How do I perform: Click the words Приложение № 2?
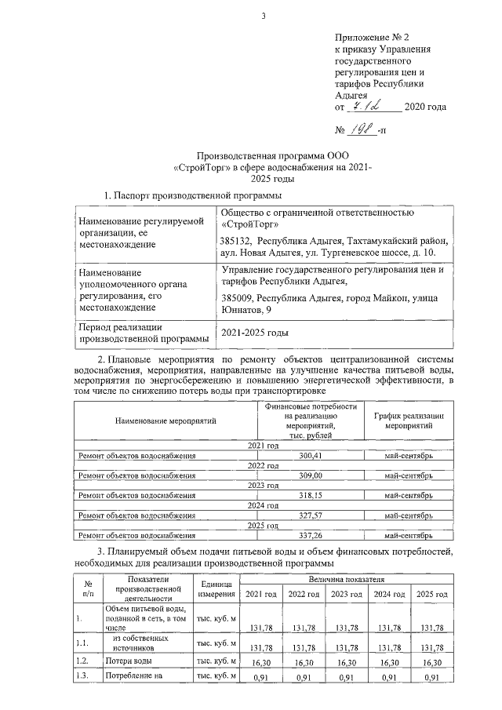click(372, 36)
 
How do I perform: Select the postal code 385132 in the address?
click(238, 242)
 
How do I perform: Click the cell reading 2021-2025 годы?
click(256, 333)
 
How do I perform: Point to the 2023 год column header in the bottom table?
click(347, 595)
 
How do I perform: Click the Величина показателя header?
click(348, 578)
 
